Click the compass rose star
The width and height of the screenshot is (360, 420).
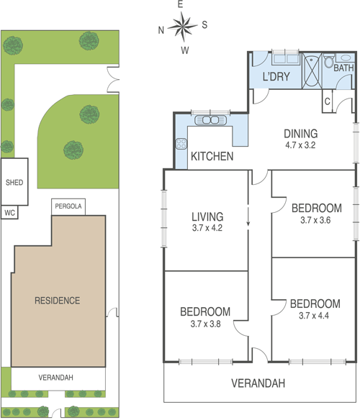point(183,26)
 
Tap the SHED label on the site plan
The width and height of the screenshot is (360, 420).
point(14,183)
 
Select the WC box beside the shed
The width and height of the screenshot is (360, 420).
point(9,212)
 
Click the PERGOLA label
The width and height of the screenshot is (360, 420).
point(68,206)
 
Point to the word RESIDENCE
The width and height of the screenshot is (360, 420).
point(57,301)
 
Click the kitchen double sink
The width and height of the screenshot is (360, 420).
point(210,120)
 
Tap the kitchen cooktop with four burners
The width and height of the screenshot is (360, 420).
point(181,143)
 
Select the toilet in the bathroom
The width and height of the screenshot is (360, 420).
point(329,60)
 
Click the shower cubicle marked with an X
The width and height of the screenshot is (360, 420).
point(312,70)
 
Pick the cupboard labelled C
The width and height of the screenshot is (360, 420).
point(328,101)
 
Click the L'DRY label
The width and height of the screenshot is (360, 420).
point(276,77)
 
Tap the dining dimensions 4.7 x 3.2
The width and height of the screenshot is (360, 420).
point(300,145)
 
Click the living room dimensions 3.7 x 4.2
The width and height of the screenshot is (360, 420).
point(207,228)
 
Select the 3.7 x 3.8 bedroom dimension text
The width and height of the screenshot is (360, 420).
point(205,324)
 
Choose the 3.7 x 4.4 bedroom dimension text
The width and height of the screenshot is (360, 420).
point(314,316)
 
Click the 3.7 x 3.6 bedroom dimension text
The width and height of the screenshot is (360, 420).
point(315,220)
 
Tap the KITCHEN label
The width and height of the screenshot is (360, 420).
point(212,157)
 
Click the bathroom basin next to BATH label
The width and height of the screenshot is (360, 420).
point(345,58)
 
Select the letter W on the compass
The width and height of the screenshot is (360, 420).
point(185,50)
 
